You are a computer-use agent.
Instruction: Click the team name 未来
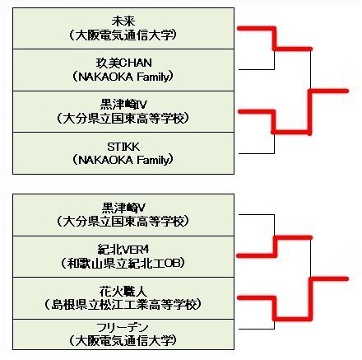pos(123,21)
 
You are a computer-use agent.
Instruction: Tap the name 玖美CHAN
pos(123,63)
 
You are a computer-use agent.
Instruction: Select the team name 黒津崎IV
pos(123,105)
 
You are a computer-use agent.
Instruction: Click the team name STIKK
pos(123,147)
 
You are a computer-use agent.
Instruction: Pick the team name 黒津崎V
pos(123,208)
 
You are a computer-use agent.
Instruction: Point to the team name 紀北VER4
pos(123,250)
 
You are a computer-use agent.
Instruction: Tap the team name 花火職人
pos(123,291)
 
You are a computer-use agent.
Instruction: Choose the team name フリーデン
pos(123,327)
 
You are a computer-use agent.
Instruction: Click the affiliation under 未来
pos(123,35)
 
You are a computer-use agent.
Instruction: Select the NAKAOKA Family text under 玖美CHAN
pos(123,77)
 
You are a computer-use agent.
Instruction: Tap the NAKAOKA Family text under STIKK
pos(123,160)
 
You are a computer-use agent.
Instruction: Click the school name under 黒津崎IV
pos(123,119)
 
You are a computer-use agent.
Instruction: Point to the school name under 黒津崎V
pos(123,222)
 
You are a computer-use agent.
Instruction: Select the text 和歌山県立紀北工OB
pos(123,264)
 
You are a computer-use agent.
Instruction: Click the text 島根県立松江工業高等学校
pos(123,305)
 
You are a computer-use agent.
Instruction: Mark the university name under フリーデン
pos(123,341)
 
